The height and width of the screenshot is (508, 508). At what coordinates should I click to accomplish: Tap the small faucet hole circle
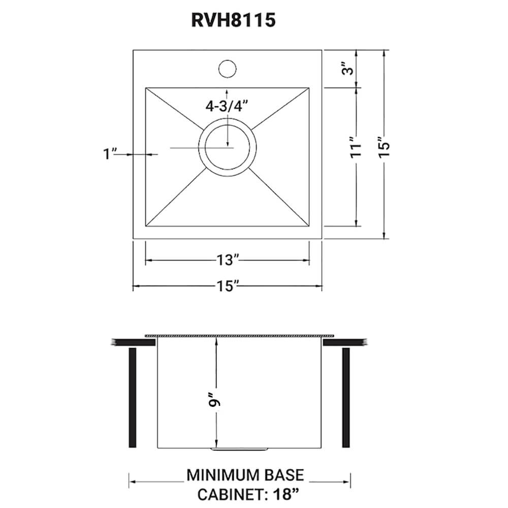[x=227, y=69]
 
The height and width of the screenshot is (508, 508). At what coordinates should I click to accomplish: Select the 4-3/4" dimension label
[x=226, y=106]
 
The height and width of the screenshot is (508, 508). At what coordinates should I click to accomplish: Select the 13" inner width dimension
[x=227, y=261]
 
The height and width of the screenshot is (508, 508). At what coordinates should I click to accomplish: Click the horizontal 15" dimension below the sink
[x=227, y=287]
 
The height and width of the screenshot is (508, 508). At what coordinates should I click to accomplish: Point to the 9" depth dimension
[x=217, y=401]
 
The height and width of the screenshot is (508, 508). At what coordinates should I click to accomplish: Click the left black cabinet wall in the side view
[x=133, y=397]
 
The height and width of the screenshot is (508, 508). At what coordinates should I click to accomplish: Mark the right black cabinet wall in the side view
[x=346, y=397]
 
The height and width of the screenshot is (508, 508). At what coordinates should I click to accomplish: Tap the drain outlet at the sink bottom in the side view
[x=239, y=450]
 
